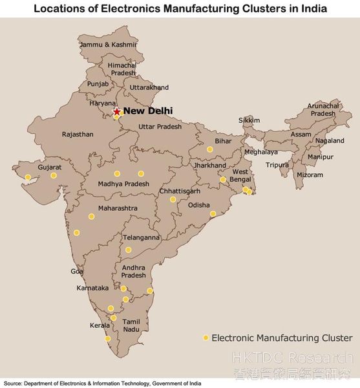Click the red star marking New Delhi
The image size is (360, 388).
coord(116,111)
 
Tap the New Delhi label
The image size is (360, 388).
coord(148,111)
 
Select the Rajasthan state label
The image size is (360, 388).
coord(78,135)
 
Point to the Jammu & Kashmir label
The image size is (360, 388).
coord(109,45)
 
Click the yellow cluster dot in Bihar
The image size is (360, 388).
coord(209,149)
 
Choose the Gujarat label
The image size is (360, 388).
coord(50,167)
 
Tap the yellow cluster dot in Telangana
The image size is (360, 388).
coord(128,250)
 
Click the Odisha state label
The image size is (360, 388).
coord(198,205)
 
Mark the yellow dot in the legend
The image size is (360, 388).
coord(206,338)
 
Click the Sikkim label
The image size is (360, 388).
coord(249,120)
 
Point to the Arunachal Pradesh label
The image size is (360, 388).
coord(321,109)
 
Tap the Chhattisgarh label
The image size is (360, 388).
coord(180,191)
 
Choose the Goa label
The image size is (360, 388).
coord(78,272)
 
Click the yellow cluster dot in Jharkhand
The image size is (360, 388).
coord(223,180)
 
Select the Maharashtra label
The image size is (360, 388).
coord(118,208)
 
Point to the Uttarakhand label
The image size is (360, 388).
coord(149,87)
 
